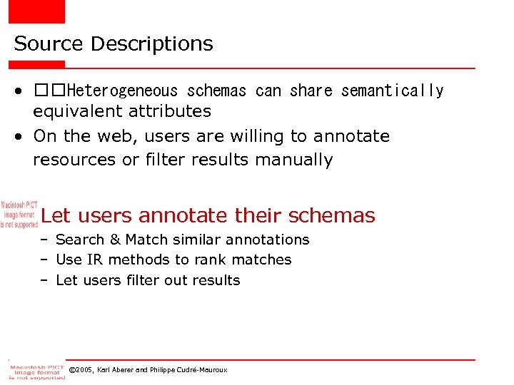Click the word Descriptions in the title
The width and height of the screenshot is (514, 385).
[151, 44]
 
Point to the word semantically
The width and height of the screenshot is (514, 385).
[392, 91]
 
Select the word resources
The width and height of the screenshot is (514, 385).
[75, 160]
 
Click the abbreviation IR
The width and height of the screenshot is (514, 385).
[96, 260]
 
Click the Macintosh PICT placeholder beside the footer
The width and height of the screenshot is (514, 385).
[36, 371]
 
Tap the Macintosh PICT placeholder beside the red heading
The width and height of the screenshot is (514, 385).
[19, 214]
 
